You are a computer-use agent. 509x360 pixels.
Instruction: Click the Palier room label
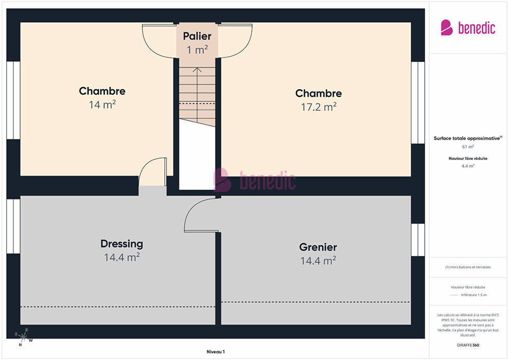point(197,36)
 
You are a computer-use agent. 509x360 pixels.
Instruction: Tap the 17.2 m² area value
point(318,107)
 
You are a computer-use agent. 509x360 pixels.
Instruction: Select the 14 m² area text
point(102,104)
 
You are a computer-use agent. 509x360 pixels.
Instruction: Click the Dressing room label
point(122,244)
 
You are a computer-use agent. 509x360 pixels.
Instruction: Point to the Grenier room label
point(318,247)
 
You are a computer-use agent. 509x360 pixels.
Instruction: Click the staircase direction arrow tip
point(197,67)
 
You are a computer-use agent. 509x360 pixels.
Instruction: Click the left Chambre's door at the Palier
point(158,41)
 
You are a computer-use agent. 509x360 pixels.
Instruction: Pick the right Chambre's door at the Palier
point(235,41)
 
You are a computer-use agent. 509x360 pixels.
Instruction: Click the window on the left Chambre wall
point(13,100)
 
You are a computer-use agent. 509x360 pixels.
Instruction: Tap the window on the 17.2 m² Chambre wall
point(418,102)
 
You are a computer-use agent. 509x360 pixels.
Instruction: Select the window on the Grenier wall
point(418,240)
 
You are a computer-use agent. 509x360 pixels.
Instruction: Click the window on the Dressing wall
point(13,226)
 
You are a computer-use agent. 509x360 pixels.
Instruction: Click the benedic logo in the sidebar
point(468,28)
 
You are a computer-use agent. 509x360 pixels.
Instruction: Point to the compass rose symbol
point(23,337)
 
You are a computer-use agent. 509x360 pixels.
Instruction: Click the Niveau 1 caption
point(215,352)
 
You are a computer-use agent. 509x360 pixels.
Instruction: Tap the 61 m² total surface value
point(468,147)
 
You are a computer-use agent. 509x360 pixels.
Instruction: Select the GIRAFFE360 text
point(468,345)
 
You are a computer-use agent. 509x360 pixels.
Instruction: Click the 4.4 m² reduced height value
point(468,166)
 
